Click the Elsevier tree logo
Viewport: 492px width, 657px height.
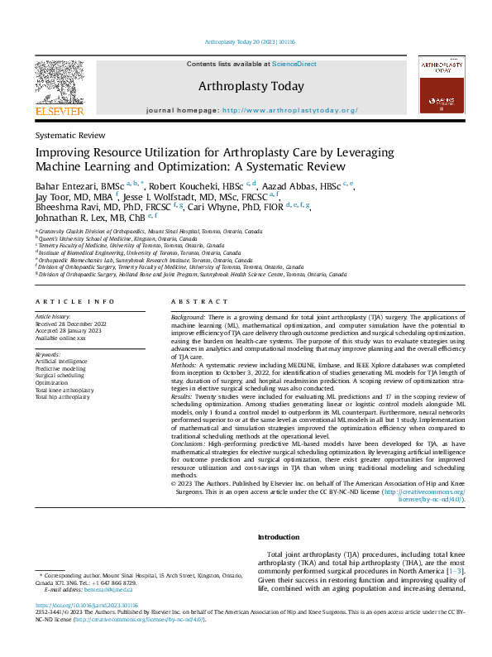59,82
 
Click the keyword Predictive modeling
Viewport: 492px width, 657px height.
60,369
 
